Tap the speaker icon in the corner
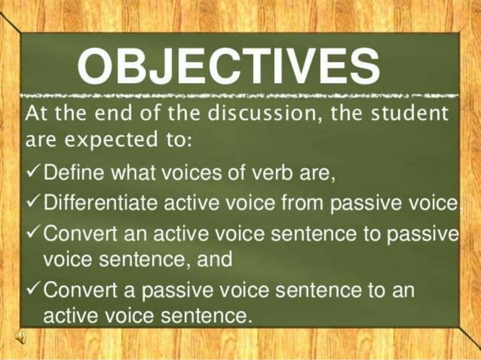23,337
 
